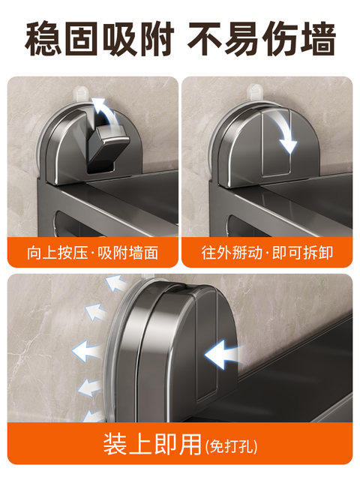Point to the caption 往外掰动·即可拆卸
coord(266,252)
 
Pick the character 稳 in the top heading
coord(43,38)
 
